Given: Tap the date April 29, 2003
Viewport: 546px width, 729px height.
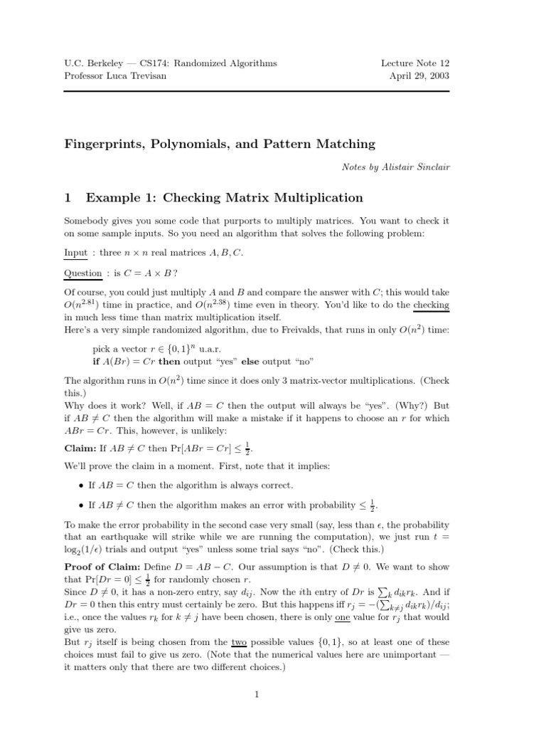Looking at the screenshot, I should [420, 76].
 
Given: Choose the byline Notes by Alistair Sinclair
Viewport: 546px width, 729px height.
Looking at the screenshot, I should [395, 167].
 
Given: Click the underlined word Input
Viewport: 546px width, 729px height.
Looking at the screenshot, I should [75, 253].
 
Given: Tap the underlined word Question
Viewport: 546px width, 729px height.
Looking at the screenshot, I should [83, 273].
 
